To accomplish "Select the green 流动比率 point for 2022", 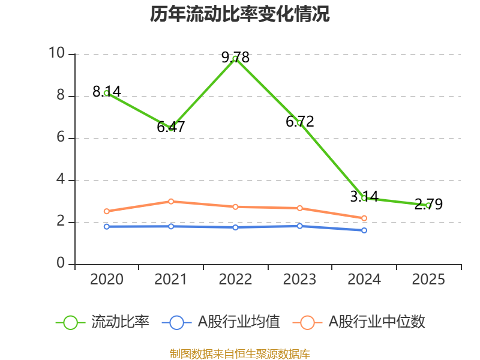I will click(x=235, y=59).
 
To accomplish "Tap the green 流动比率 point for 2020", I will click(x=106, y=93).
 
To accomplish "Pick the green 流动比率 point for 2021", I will click(x=171, y=128).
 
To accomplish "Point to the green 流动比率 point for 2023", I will click(x=299, y=123).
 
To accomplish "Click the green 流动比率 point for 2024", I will click(x=364, y=198).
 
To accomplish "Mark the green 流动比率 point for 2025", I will click(x=428, y=205).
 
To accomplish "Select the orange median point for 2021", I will click(x=171, y=201).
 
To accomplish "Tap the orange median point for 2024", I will click(x=364, y=218).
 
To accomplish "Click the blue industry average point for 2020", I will click(x=106, y=226).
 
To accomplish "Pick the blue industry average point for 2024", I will click(x=364, y=230).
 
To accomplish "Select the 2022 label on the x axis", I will click(x=235, y=280).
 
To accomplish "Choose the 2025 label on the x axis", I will click(x=428, y=280).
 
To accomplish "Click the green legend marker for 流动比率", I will click(x=71, y=322).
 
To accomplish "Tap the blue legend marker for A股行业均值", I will click(x=176, y=322).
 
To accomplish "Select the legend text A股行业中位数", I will click(x=377, y=322).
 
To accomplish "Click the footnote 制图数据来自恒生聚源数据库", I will click(x=240, y=353).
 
